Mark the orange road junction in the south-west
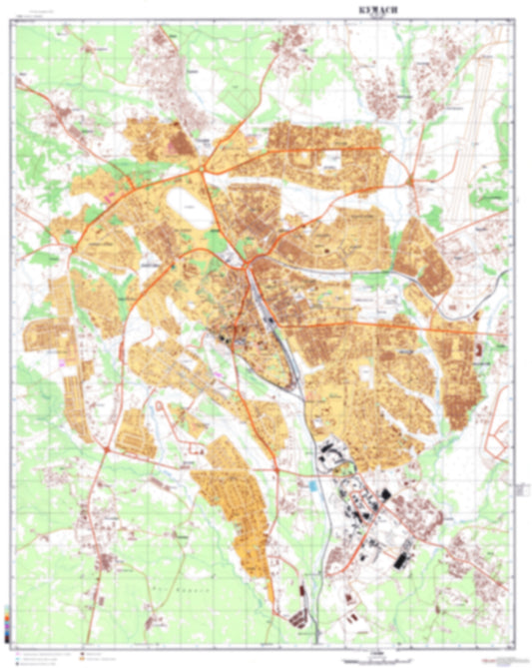point(106,451)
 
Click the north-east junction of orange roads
point(411,180)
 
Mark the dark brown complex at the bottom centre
point(300,614)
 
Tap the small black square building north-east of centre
point(326,243)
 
